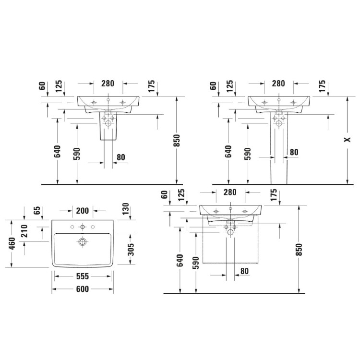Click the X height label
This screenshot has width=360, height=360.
348,139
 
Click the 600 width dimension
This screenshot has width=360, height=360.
82,289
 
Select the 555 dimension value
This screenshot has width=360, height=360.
82,276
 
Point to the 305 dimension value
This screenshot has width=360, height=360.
131,249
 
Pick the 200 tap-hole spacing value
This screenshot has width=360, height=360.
82,211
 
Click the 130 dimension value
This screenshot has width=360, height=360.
125,209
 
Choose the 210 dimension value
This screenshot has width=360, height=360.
24,231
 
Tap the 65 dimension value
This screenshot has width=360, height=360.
37,210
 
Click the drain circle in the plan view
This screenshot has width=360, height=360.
82,241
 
